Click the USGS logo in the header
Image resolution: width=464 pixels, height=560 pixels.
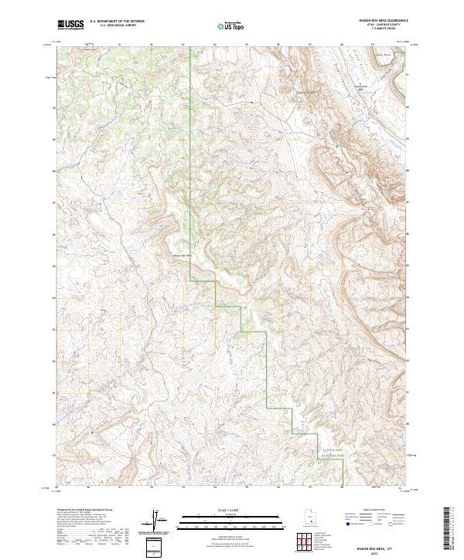point(70,25)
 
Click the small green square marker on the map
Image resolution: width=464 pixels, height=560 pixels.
point(337,144)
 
